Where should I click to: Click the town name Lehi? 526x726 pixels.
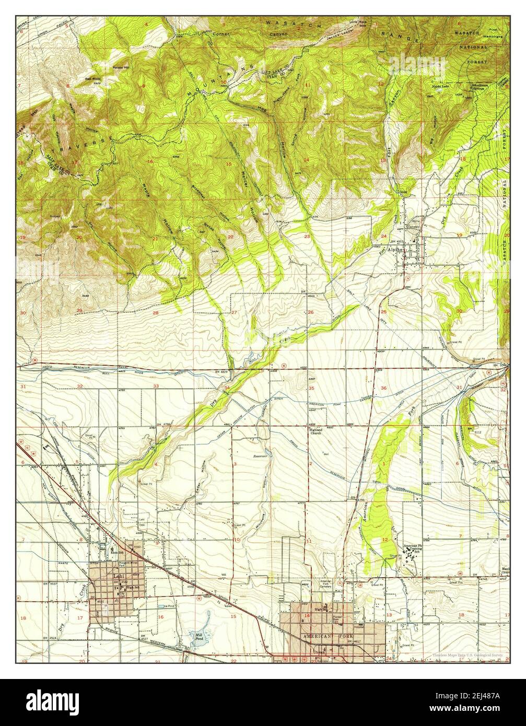(x=116, y=577)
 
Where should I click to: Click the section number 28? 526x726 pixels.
(x=155, y=313)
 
